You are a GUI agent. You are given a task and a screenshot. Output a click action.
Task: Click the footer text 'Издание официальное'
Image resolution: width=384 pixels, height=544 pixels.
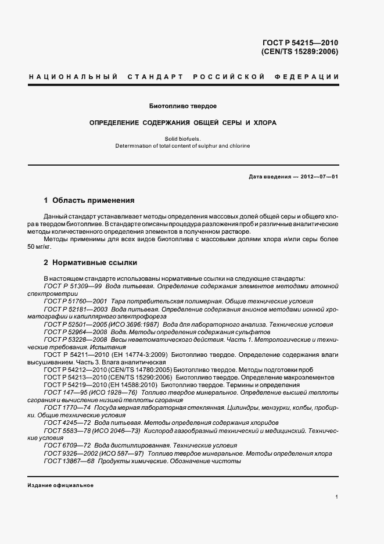pyautogui.click(x=60, y=485)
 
